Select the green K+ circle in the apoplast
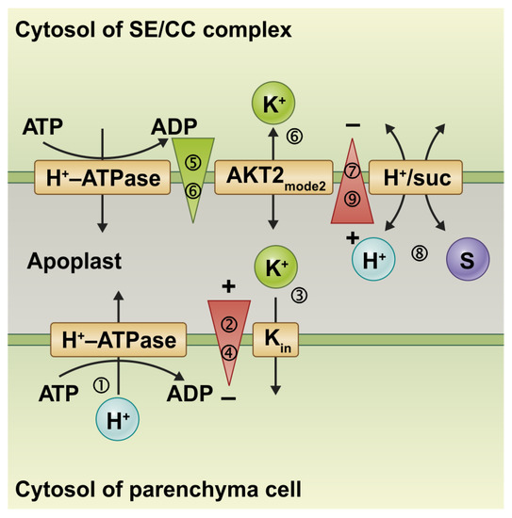[273, 267]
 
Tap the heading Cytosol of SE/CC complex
[152, 29]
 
